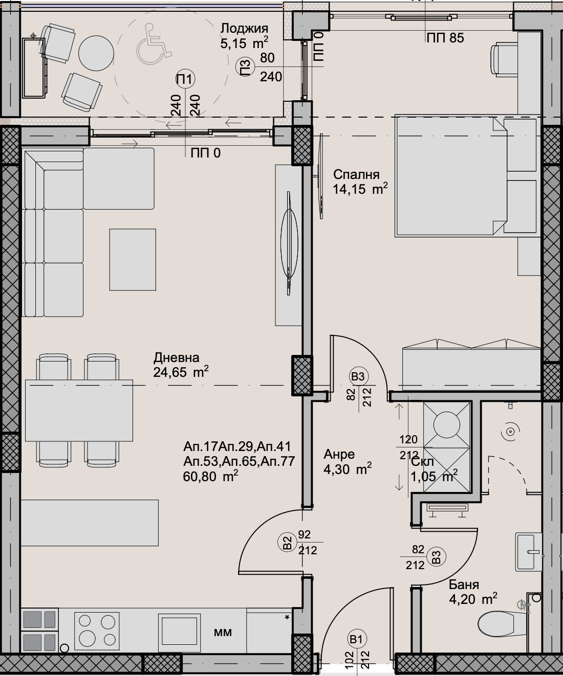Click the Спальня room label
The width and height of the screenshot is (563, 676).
tap(356, 174)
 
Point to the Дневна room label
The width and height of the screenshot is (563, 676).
tap(176, 358)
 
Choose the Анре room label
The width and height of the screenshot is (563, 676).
tap(339, 455)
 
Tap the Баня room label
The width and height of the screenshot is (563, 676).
tap(464, 584)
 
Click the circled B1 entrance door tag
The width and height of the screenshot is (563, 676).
tap(357, 639)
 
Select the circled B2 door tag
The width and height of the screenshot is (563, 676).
tap(287, 540)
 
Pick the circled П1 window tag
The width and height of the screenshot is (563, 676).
tap(185, 79)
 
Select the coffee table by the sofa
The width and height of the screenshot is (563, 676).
tap(133, 259)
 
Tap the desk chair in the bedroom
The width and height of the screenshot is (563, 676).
tap(503, 59)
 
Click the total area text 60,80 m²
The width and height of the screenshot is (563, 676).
tap(210, 477)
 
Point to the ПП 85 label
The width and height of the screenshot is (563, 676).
tap(445, 38)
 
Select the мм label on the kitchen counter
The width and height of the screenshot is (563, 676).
tap(223, 632)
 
